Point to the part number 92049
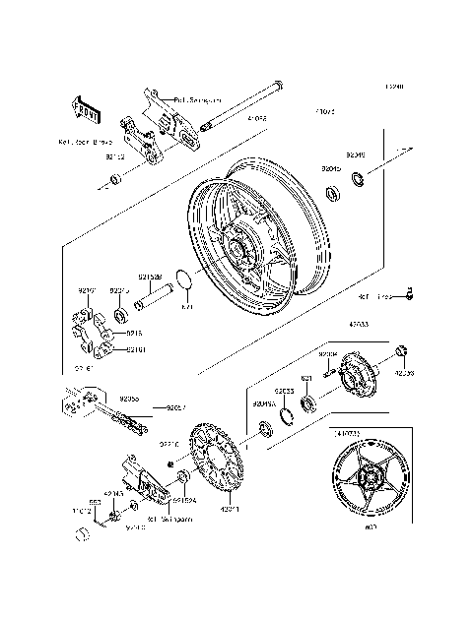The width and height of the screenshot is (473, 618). (356, 154)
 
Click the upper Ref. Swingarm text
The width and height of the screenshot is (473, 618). (196, 99)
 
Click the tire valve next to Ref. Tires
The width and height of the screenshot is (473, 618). (410, 292)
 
